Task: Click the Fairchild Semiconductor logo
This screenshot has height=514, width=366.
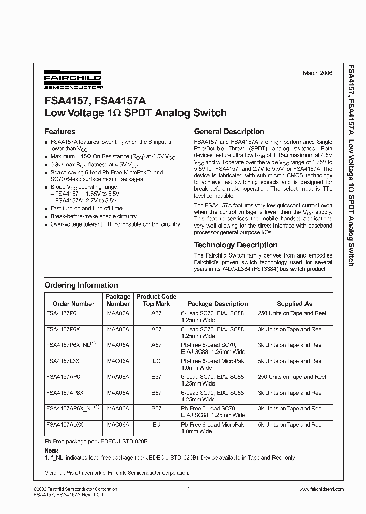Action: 73,80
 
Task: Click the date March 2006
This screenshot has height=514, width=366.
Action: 317,73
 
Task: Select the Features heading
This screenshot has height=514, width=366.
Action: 60,131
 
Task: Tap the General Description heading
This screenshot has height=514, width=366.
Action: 229,131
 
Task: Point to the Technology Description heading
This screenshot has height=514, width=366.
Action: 235,245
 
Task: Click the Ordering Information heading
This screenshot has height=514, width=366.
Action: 81,285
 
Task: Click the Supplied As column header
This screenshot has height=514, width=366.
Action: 294,304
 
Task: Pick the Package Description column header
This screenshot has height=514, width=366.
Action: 217,304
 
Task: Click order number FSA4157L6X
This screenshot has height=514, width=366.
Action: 63,361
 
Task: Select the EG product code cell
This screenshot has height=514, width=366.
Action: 156,361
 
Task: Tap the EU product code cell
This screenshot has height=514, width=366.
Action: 156,424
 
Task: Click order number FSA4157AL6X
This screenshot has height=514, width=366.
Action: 65,424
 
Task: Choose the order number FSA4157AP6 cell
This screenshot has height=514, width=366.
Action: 63,377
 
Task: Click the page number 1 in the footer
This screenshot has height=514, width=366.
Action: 188,489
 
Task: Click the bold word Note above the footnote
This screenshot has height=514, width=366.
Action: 51,451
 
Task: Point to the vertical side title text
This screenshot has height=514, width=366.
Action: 351,165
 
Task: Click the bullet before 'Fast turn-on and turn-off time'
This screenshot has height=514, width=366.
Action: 47,209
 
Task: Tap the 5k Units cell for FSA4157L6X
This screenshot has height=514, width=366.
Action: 290,361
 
